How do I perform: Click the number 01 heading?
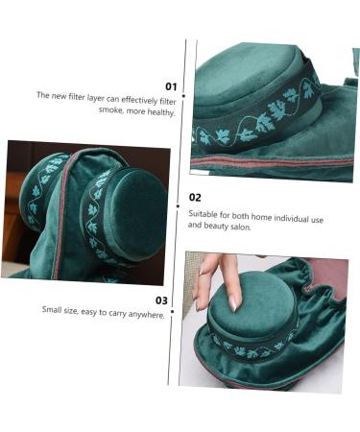pos(171,86)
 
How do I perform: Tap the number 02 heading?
pos(195,198)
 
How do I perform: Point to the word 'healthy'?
pos(160,110)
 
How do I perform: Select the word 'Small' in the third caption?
pos(54,310)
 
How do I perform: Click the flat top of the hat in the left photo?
pos(134,210)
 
